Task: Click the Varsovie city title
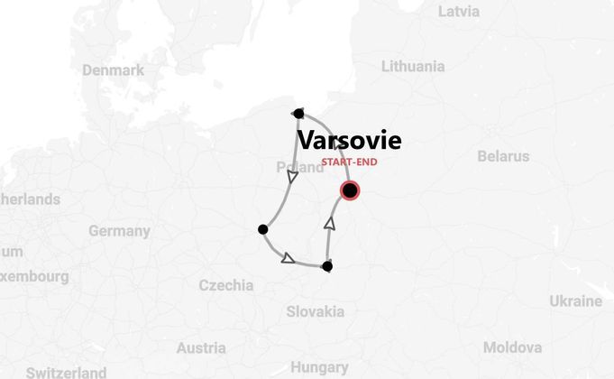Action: coord(349,141)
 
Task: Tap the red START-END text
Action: coord(349,162)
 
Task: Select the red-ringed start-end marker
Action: coord(350,190)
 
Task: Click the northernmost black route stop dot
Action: coord(298,113)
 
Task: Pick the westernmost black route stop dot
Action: coord(263,229)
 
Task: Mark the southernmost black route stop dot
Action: coord(327,266)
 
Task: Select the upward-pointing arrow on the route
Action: coord(329,222)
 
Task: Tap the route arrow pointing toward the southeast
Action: coord(288,258)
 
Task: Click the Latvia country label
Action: coord(459,12)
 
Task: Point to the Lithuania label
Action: coord(413,66)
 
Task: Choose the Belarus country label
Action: coord(503,156)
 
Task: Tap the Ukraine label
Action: coord(575,300)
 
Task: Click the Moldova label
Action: coord(512,347)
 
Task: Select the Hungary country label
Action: coord(319,367)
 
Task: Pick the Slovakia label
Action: coord(316,311)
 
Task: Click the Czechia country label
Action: coord(225,285)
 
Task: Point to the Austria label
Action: coord(201,348)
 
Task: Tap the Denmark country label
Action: coord(113,70)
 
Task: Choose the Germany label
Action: coord(119,231)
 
